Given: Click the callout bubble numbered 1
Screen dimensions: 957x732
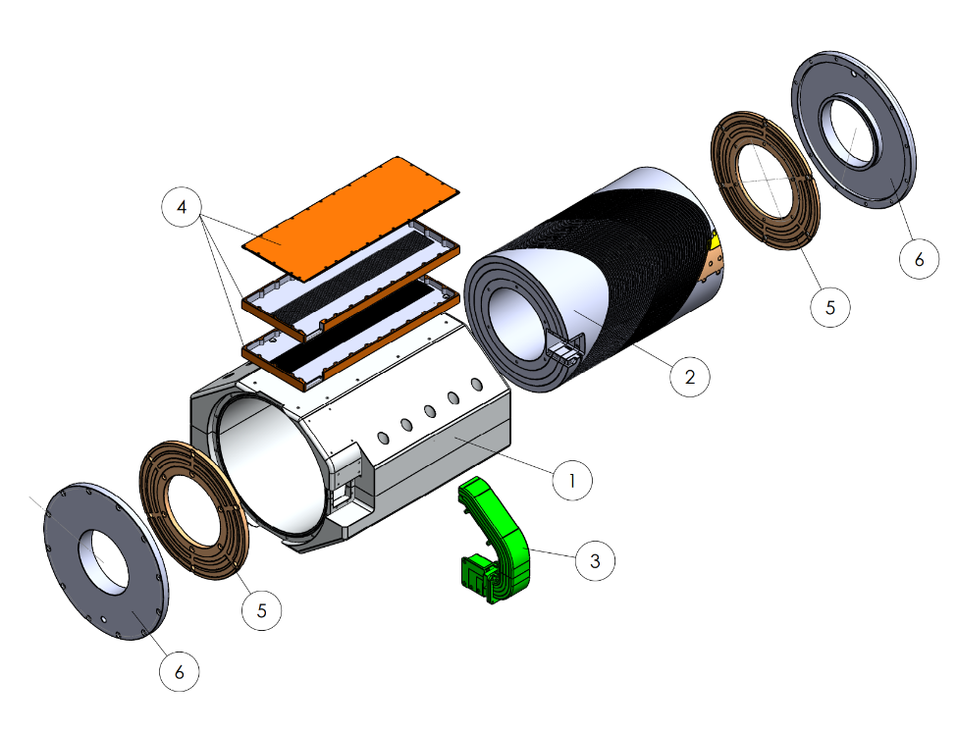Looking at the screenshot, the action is [x=572, y=480].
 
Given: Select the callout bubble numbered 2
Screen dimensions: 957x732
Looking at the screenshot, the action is [x=690, y=377].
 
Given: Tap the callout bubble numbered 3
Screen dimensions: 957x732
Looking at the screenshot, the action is [x=595, y=560].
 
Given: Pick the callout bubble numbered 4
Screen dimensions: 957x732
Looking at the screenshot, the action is [x=182, y=207].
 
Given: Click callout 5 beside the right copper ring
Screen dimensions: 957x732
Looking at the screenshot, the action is [x=830, y=307].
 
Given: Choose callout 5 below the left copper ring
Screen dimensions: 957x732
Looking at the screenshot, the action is [x=262, y=610].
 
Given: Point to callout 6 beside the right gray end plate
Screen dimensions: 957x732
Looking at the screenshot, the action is [x=919, y=259].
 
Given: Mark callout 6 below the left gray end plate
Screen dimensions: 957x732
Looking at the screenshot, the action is [x=180, y=671].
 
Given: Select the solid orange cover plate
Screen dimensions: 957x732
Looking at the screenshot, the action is [x=350, y=218].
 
